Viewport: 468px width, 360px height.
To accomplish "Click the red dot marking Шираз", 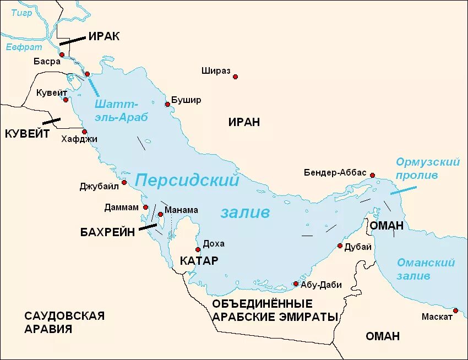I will click(235, 77).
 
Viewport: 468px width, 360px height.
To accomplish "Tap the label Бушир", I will click(186, 100).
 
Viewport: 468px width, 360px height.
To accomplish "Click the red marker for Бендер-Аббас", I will click(373, 175).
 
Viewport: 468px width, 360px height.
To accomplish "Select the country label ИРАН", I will click(244, 122).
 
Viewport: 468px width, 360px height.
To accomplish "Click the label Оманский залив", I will click(426, 269).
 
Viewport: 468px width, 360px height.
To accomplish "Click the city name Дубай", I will click(357, 247).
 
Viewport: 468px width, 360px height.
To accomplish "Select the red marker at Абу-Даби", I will click(296, 284).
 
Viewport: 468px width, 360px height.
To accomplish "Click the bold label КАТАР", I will click(199, 260).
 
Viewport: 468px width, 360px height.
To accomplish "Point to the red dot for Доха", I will click(198, 249).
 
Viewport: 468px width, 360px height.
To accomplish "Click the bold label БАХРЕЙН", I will click(108, 232).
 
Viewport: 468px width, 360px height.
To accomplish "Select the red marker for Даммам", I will click(146, 208).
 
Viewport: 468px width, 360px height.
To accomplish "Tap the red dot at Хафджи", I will click(84, 132).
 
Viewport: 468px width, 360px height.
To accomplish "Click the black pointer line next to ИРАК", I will click(72, 40).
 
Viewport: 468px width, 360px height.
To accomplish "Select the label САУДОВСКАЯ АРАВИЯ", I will click(64, 322).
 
